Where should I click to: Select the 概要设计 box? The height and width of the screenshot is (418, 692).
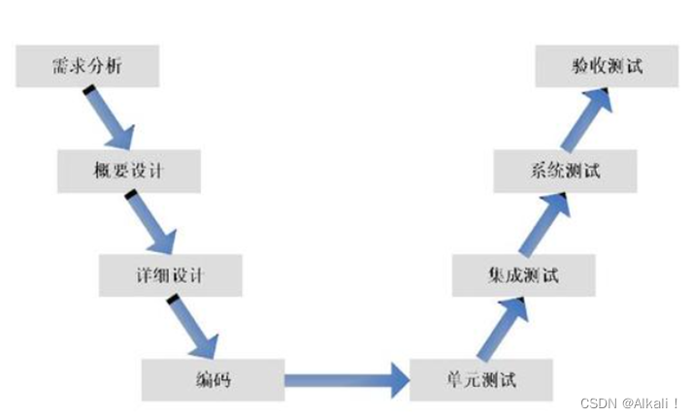click(129, 170)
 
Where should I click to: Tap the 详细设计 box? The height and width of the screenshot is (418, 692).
click(170, 275)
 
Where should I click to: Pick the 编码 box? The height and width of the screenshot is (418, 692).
click(213, 379)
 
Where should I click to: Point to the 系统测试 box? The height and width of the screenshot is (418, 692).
click(566, 172)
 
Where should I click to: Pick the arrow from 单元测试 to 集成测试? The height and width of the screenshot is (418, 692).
click(500, 328)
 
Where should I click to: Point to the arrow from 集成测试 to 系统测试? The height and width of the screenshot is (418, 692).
click(544, 223)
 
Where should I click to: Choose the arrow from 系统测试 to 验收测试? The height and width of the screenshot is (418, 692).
click(586, 119)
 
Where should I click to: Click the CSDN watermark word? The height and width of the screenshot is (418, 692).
click(592, 402)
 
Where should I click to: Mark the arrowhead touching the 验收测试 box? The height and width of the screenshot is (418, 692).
click(600, 95)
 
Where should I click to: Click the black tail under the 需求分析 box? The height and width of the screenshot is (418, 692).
click(88, 90)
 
